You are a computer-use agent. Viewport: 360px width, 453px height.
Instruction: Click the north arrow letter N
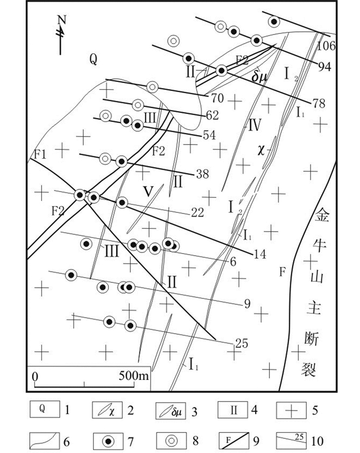[62, 20]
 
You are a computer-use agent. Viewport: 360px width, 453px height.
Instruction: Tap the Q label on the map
[93, 60]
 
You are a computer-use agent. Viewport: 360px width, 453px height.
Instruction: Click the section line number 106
[326, 46]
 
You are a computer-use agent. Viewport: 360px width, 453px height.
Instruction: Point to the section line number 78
[318, 103]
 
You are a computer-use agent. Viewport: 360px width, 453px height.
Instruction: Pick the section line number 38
[202, 175]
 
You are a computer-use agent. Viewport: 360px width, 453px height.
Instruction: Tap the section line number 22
[197, 212]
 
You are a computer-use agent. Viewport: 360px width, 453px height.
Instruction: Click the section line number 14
[260, 254]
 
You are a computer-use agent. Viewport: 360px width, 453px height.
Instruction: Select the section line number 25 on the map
[242, 341]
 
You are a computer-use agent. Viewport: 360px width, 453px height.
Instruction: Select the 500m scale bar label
[134, 375]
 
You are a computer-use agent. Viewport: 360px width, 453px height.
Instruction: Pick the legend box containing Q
[44, 410]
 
